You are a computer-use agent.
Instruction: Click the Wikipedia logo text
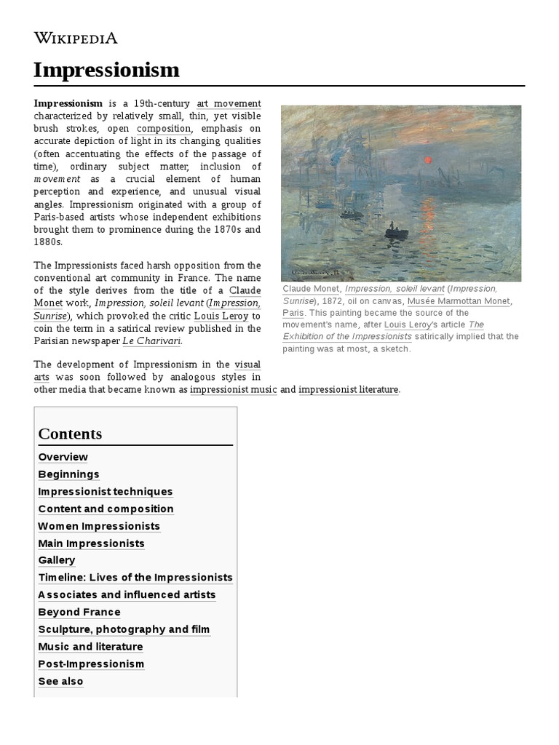point(76,38)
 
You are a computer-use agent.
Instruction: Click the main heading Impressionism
point(106,70)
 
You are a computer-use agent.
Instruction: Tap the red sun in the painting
point(428,160)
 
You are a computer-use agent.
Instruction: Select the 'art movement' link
point(228,104)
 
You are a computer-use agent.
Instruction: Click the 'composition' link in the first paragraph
point(164,129)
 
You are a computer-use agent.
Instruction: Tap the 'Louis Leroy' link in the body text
point(221,316)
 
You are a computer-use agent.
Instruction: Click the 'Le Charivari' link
point(151,340)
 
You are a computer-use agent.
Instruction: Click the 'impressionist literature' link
point(349,389)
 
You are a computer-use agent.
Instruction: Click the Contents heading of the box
point(70,434)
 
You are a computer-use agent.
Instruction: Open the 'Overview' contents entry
point(63,457)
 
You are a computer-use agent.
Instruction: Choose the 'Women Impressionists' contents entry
point(99,526)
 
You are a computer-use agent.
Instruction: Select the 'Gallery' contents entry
point(57,560)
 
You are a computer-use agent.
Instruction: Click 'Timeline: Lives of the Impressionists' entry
point(135,578)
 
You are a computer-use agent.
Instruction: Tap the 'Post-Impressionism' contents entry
point(91,664)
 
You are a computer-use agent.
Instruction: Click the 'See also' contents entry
point(60,681)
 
